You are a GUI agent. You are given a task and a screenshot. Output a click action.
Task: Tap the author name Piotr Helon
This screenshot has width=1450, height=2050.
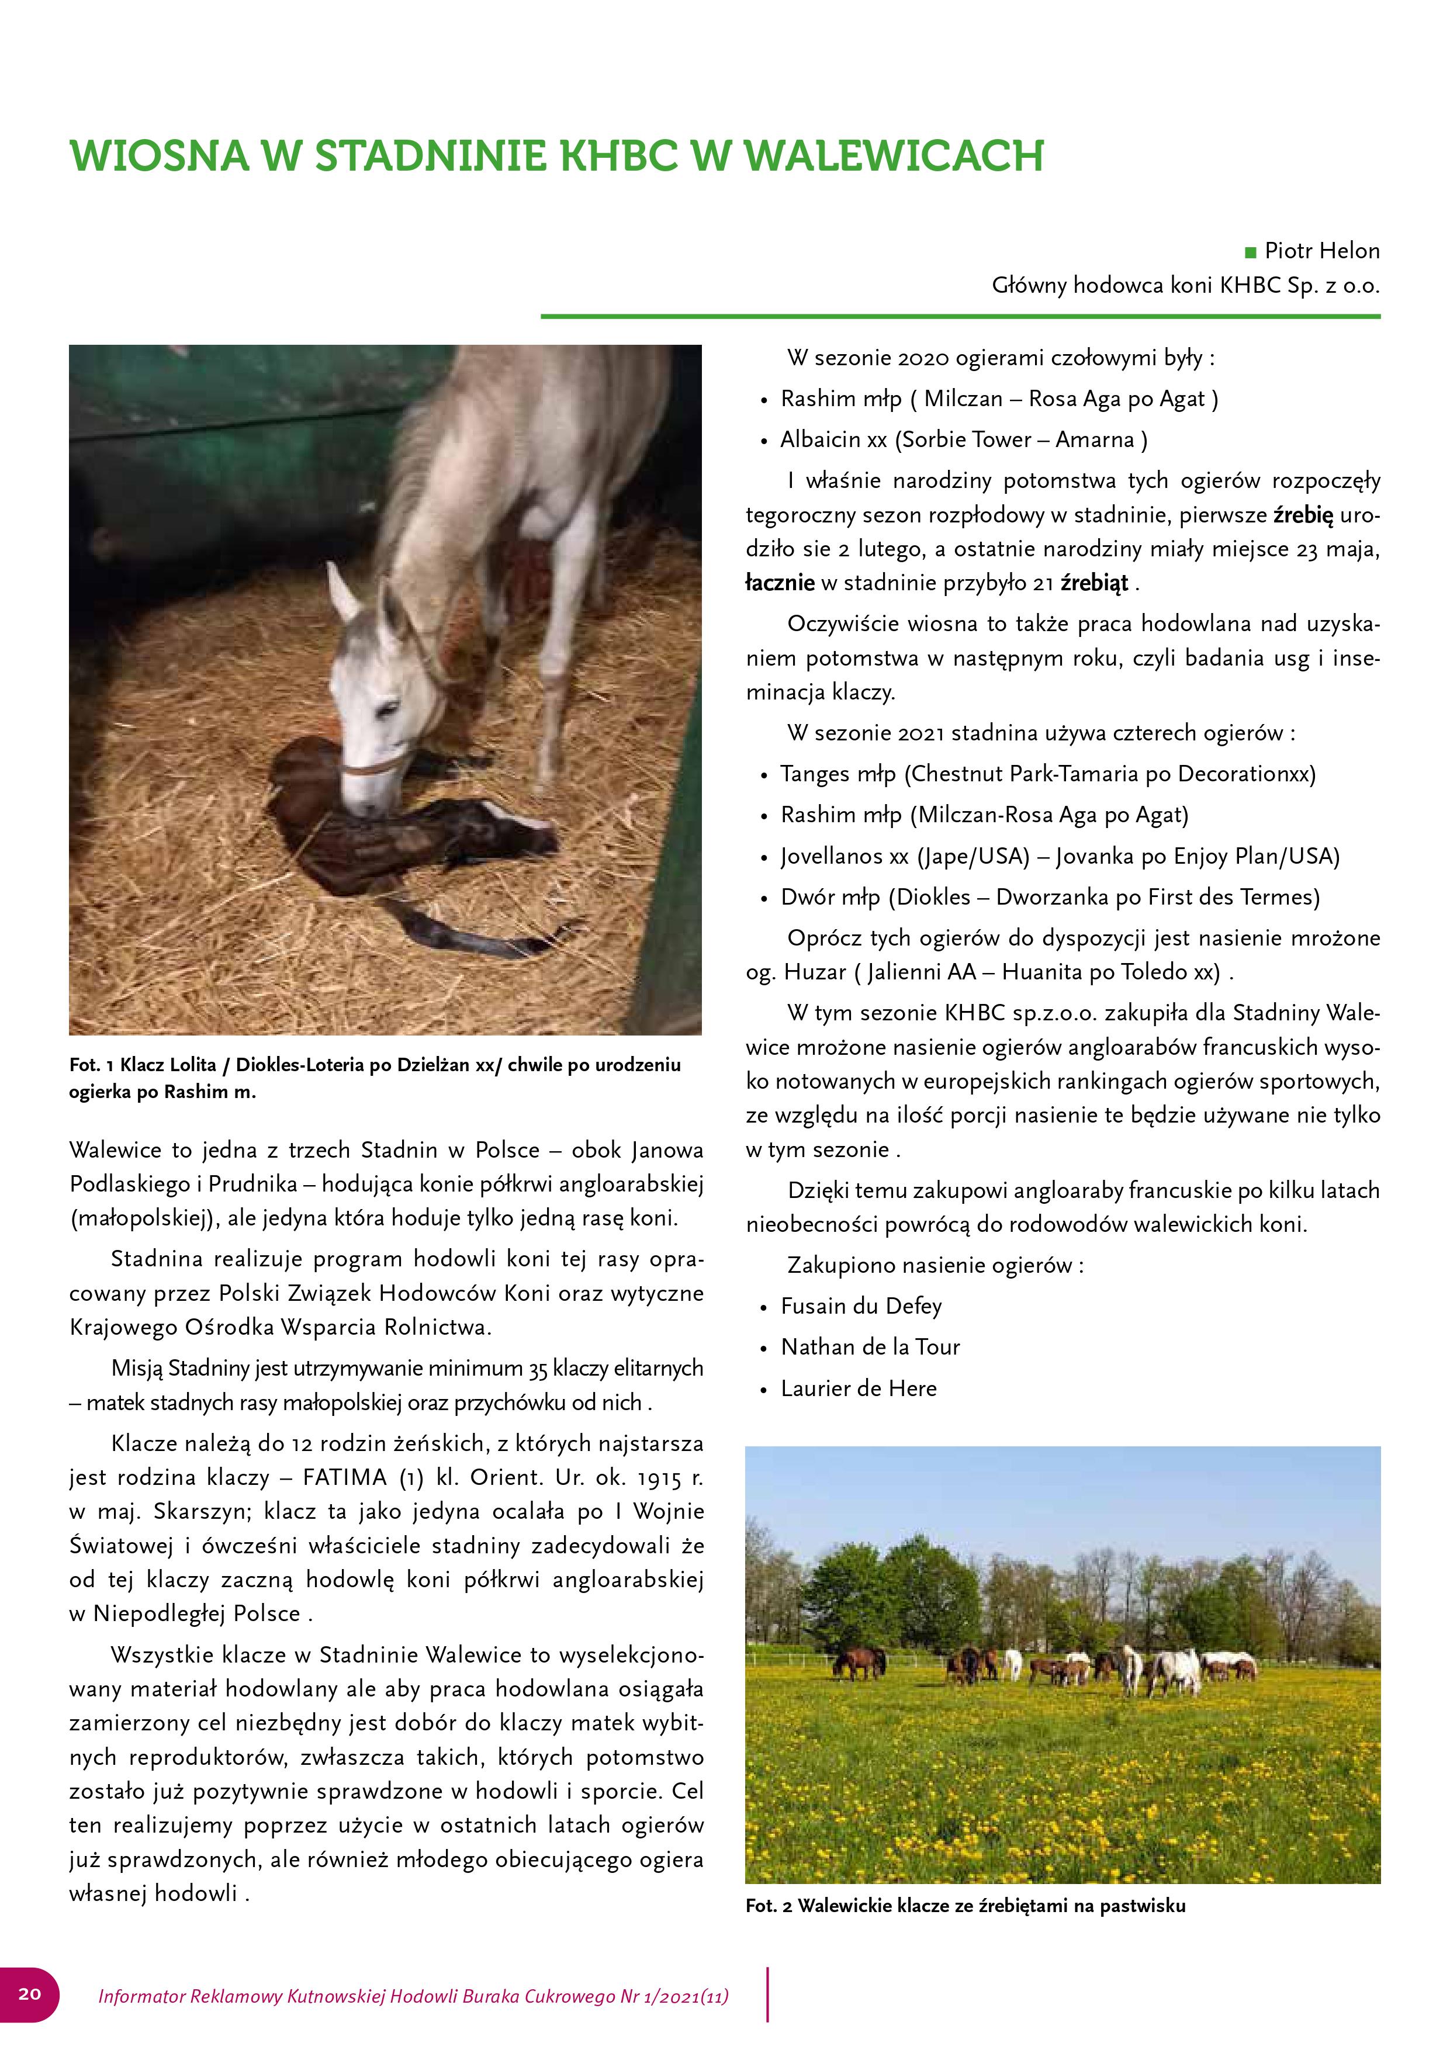coord(1321,251)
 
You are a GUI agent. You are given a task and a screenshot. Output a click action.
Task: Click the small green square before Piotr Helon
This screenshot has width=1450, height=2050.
coord(1250,252)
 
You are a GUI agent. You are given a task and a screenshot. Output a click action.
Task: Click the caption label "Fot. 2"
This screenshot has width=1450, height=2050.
coord(769,1905)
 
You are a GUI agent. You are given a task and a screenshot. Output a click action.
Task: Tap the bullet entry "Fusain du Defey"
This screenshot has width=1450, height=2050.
coord(861,1306)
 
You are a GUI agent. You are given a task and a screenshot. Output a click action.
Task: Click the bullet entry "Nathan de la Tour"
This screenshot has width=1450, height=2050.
coord(870,1348)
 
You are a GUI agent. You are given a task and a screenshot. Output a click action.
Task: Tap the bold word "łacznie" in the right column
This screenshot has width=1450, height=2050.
coord(780,583)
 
